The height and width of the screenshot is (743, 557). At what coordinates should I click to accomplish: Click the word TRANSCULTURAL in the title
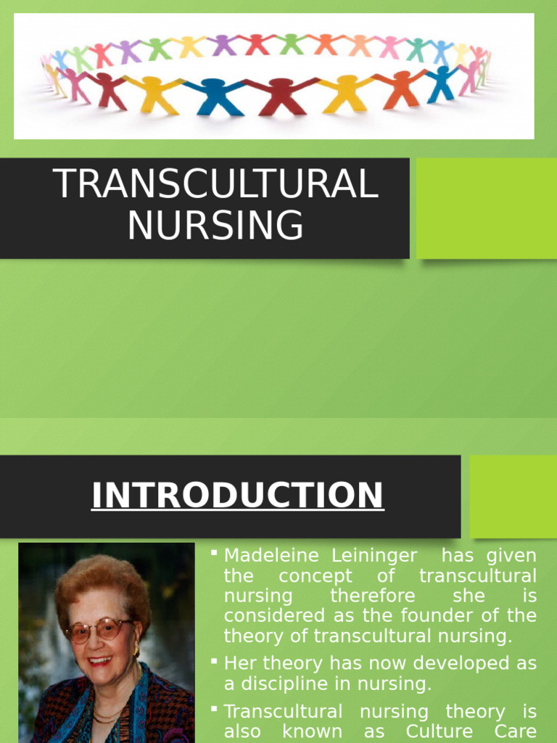[x=216, y=184]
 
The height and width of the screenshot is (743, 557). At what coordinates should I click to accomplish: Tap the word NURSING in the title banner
[x=216, y=225]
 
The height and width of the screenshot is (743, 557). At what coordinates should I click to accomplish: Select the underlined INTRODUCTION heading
[x=237, y=496]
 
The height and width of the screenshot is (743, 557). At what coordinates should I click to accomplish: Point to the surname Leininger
[x=375, y=556]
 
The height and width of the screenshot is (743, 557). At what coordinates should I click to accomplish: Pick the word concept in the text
[x=315, y=576]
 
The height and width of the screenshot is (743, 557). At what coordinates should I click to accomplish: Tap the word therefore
[x=373, y=596]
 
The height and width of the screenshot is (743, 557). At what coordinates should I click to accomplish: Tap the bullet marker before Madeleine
[x=215, y=554]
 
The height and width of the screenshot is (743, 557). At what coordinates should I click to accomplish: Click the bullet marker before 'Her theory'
[x=215, y=662]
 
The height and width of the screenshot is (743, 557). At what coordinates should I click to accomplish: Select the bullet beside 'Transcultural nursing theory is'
[x=215, y=710]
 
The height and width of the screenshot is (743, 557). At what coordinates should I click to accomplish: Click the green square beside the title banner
[x=486, y=208]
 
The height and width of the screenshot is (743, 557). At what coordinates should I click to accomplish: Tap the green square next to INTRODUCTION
[x=513, y=496]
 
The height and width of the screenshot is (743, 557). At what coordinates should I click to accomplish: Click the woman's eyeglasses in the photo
[x=100, y=628]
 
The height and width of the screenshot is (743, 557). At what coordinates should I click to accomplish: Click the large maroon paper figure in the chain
[x=281, y=95]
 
